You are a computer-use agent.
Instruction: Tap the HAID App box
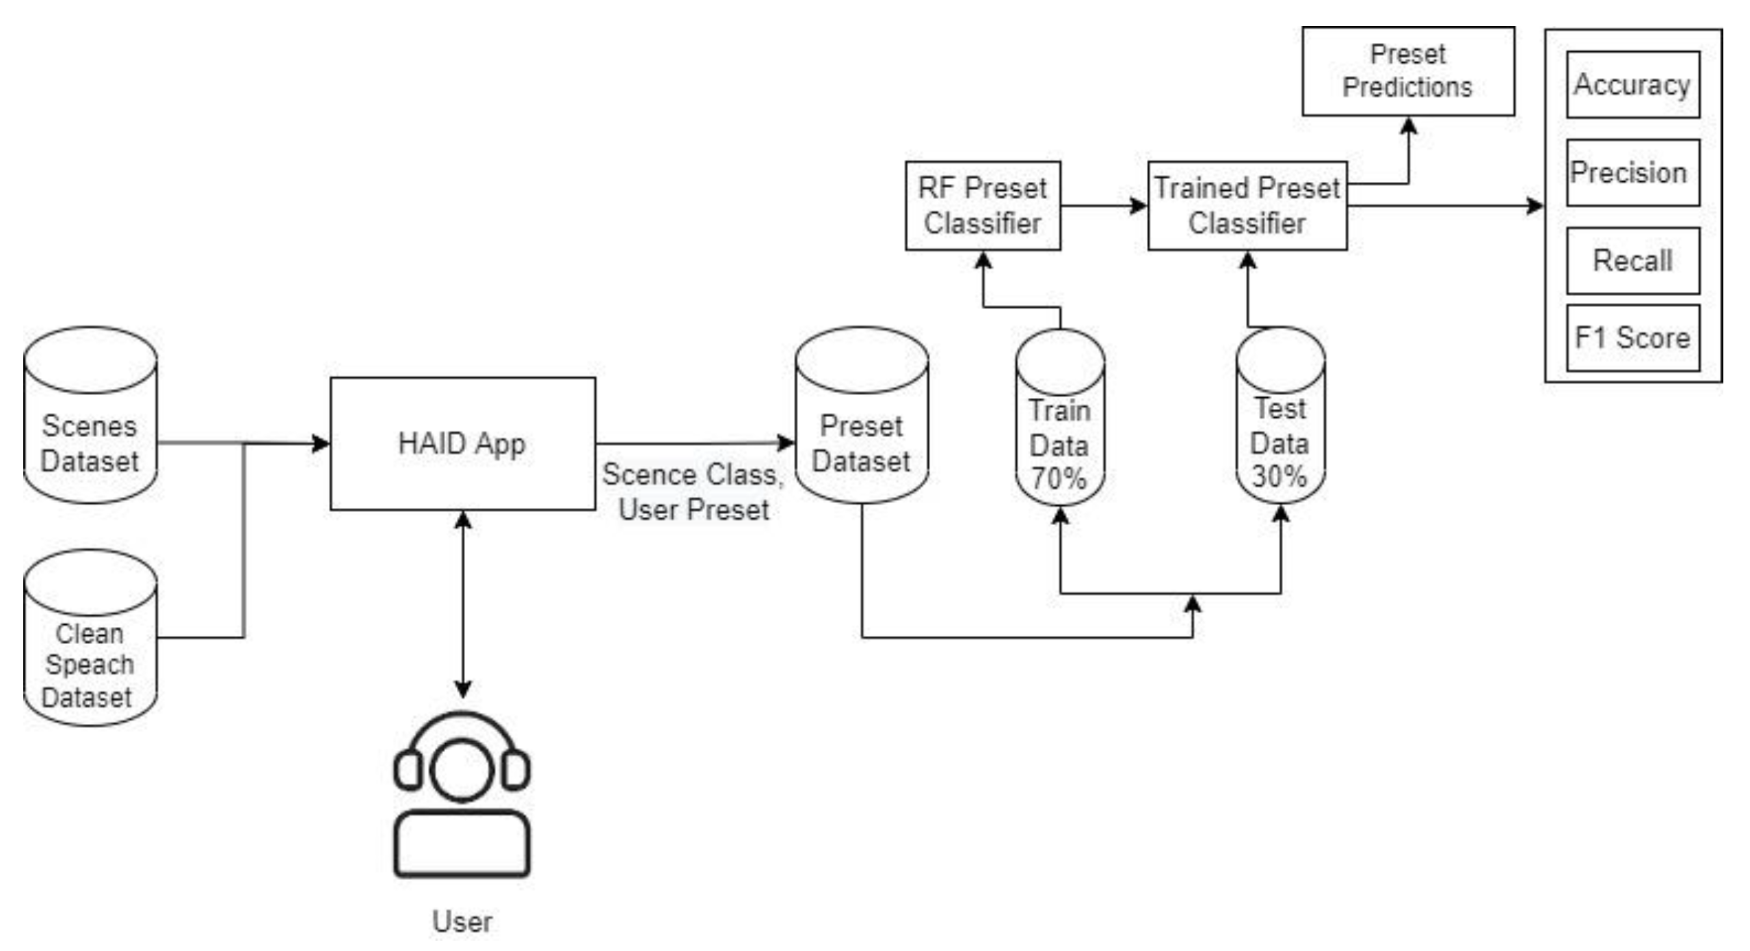tap(462, 444)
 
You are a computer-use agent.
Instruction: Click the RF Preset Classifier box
tap(983, 206)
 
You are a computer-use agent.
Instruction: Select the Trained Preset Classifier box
tap(1247, 206)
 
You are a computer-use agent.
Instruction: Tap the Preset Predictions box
tap(1407, 71)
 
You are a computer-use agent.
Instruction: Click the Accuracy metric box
tap(1632, 85)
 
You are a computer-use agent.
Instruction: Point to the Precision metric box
tap(1632, 173)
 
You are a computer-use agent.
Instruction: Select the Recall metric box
tap(1632, 260)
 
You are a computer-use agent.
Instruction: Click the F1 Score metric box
tap(1632, 338)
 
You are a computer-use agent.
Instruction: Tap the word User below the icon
tap(462, 922)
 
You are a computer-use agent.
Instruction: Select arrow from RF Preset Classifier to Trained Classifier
tap(1102, 206)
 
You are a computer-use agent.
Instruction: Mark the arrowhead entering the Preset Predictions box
tap(1408, 126)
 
